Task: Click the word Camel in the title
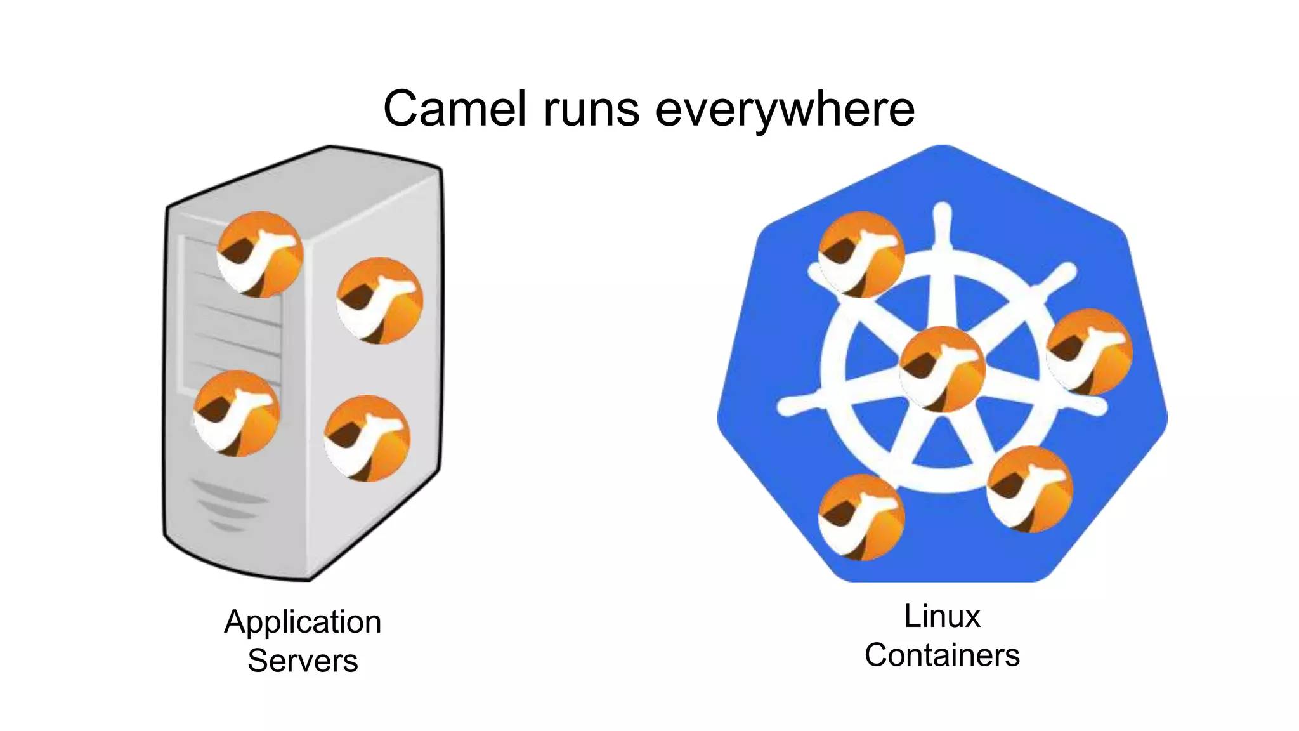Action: click(x=455, y=109)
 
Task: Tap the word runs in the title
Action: click(x=591, y=109)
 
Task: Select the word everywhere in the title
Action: click(x=785, y=109)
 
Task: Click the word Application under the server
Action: click(x=303, y=622)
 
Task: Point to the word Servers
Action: click(x=303, y=661)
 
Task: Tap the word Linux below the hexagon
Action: click(x=942, y=616)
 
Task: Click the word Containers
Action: click(x=942, y=655)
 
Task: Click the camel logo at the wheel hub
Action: click(x=942, y=369)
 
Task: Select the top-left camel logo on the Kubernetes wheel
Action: click(x=861, y=254)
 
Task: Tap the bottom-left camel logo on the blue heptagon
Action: click(x=861, y=517)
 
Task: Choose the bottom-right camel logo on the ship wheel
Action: click(x=1029, y=489)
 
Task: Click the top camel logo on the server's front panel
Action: click(x=260, y=254)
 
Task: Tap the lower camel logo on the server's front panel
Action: click(x=237, y=413)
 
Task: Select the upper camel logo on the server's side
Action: click(x=379, y=300)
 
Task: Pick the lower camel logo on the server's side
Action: click(x=367, y=438)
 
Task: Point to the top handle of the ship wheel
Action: click(x=943, y=219)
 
